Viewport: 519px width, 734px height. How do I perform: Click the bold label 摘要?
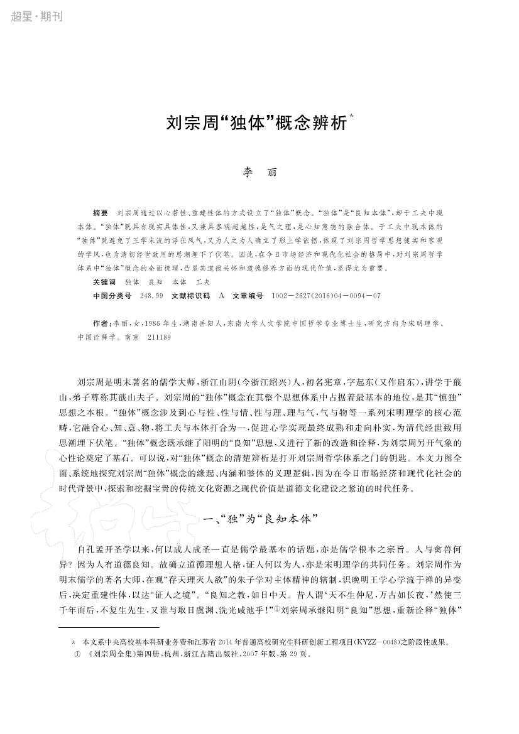click(100, 213)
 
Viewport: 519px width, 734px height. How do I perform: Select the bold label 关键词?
click(104, 282)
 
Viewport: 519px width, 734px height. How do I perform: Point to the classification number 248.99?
click(151, 295)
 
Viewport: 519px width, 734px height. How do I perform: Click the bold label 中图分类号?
click(112, 295)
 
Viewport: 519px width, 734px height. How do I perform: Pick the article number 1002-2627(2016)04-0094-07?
click(327, 295)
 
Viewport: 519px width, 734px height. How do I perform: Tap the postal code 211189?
click(158, 337)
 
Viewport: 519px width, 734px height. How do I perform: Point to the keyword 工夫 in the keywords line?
click(203, 282)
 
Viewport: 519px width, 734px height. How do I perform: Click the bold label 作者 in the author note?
click(100, 323)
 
